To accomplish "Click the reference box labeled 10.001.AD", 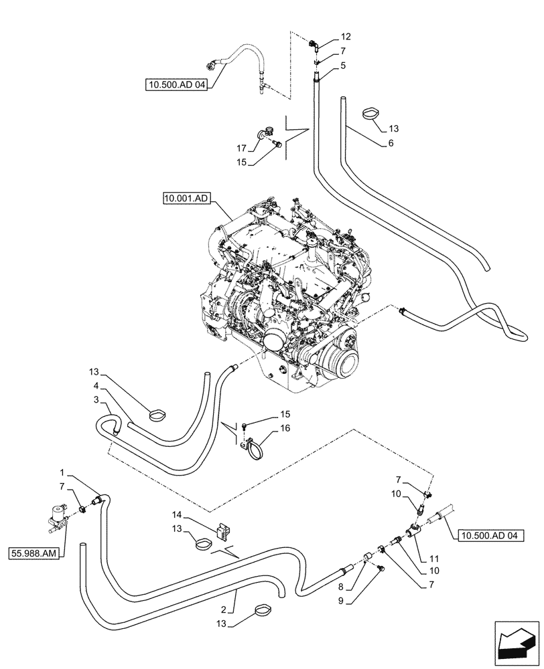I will coord(186,198).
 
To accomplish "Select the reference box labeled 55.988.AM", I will coord(33,553).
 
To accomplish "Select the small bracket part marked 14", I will coord(223,530).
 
